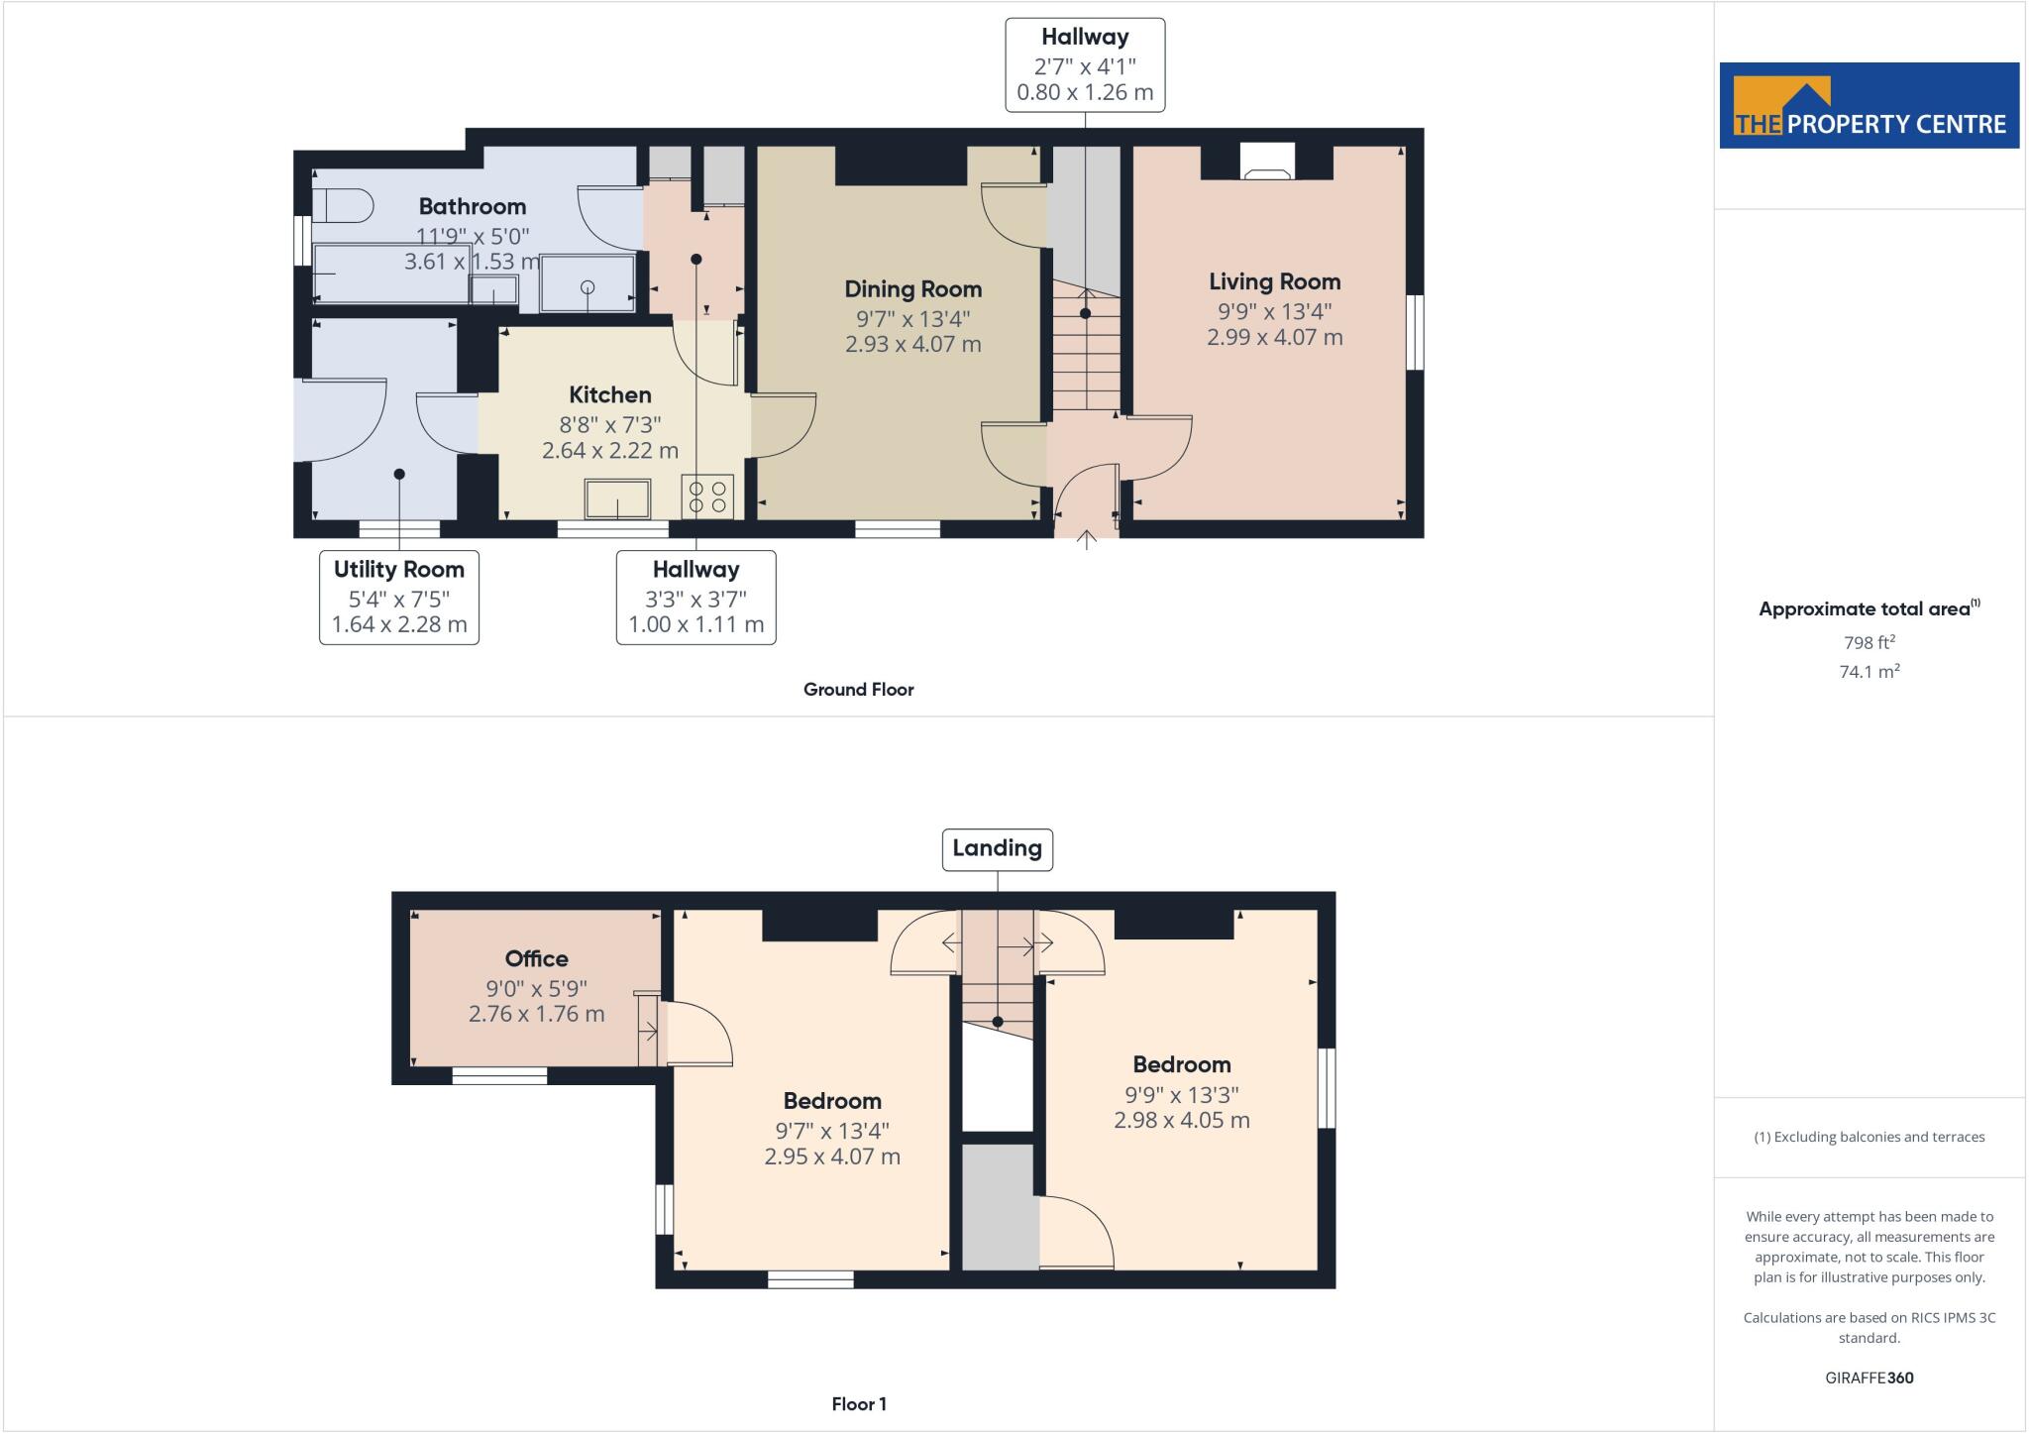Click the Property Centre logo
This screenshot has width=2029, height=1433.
1869,106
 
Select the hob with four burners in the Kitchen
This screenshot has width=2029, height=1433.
707,496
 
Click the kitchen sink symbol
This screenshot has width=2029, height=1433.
617,498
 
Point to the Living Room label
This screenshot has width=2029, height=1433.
1274,281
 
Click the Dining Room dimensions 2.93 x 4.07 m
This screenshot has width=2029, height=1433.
912,345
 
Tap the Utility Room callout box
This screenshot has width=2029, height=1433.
398,597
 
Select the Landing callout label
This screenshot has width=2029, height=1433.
997,848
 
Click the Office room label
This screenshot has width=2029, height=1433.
536,958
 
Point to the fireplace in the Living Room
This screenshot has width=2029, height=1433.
1267,162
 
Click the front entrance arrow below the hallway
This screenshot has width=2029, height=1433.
1086,540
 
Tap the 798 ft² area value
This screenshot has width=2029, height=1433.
1869,642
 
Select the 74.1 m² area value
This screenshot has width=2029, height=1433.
1869,672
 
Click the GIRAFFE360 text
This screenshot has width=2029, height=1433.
1869,1378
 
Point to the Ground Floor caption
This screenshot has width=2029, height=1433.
858,690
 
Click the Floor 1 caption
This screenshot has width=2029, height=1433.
858,1404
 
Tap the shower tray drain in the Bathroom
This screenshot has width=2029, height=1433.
587,287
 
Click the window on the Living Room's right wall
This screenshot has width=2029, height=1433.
1416,332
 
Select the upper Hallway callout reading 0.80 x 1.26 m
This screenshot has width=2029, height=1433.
1085,65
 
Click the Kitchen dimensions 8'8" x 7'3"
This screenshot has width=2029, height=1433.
609,425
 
